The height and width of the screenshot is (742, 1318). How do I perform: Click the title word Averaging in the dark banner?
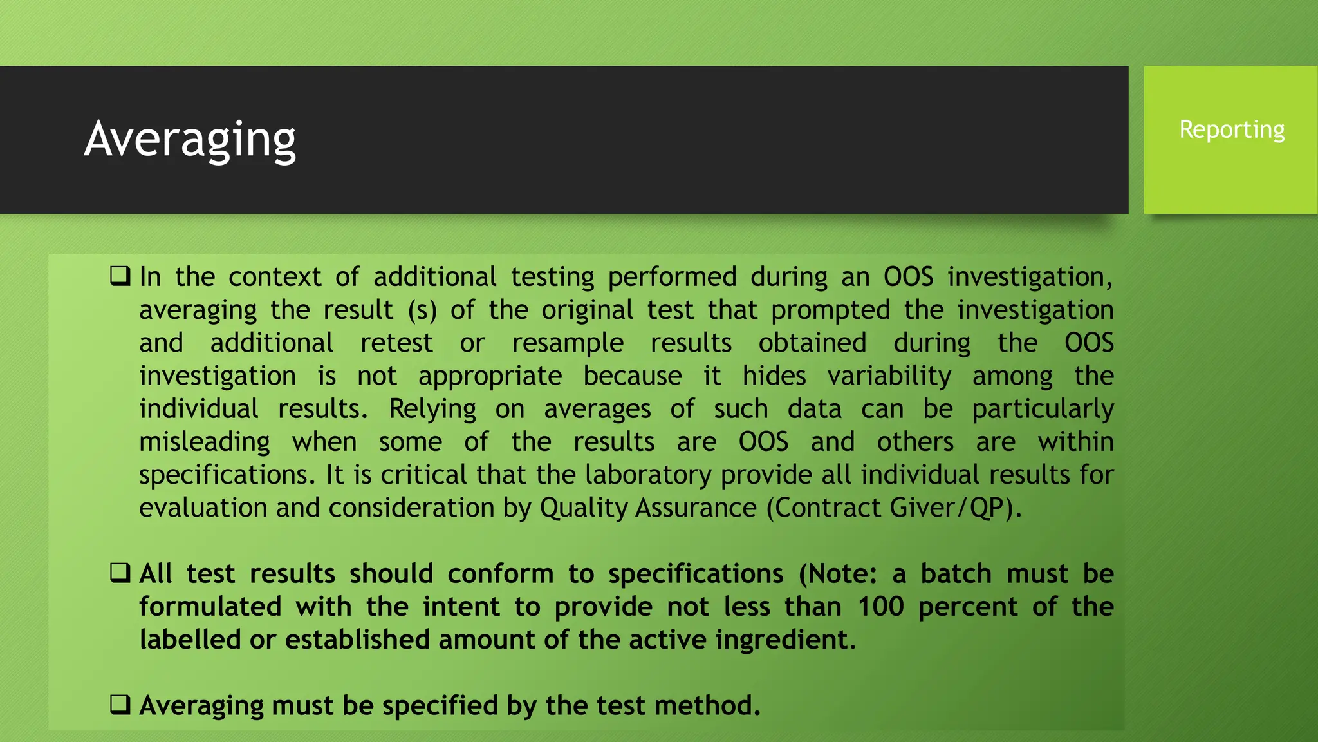pos(190,140)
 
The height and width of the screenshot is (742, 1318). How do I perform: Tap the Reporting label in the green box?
pos(1232,130)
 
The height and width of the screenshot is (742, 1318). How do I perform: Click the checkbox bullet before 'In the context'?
pos(120,276)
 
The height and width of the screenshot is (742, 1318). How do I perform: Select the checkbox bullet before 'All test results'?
pos(120,573)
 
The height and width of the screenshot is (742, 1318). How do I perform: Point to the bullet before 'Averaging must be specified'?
pos(120,705)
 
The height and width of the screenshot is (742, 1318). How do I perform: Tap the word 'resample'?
pos(567,343)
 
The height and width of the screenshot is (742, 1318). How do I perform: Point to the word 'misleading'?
pos(205,442)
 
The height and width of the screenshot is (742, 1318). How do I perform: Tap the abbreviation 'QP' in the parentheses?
pos(986,508)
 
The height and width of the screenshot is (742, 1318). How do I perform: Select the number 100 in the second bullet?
pos(880,607)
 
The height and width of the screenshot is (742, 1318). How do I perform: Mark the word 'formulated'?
pos(210,607)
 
